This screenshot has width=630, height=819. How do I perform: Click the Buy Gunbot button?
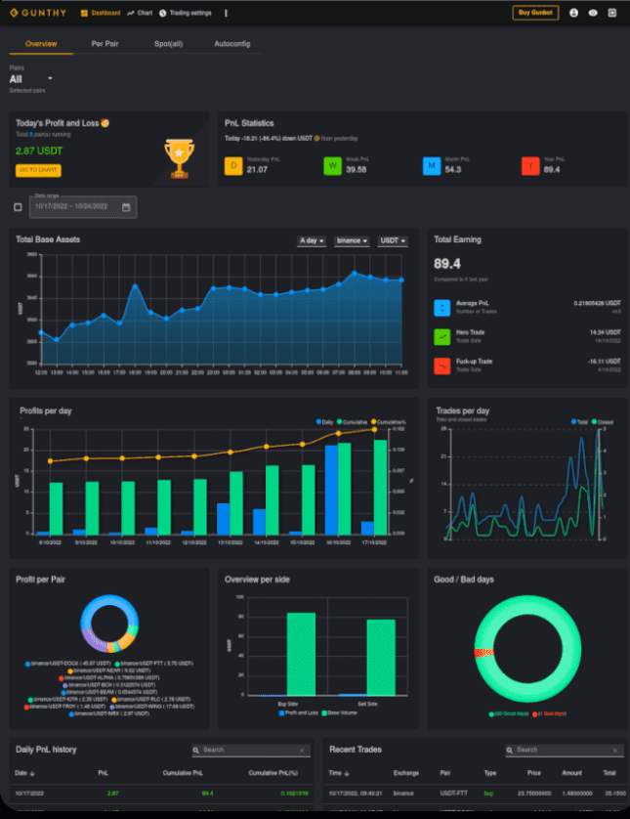535,13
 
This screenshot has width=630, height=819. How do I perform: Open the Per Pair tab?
105,44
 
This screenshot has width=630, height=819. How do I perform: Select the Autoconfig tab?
231,44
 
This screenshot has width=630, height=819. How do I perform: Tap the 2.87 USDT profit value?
39,151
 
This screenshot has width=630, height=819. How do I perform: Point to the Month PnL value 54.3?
453,170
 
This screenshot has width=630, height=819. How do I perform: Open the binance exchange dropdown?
352,240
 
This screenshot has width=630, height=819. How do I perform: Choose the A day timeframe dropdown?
313,240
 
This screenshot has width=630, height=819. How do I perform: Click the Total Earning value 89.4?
446,263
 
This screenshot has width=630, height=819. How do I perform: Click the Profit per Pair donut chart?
107,625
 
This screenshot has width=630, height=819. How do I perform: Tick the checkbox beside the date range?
19,207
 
